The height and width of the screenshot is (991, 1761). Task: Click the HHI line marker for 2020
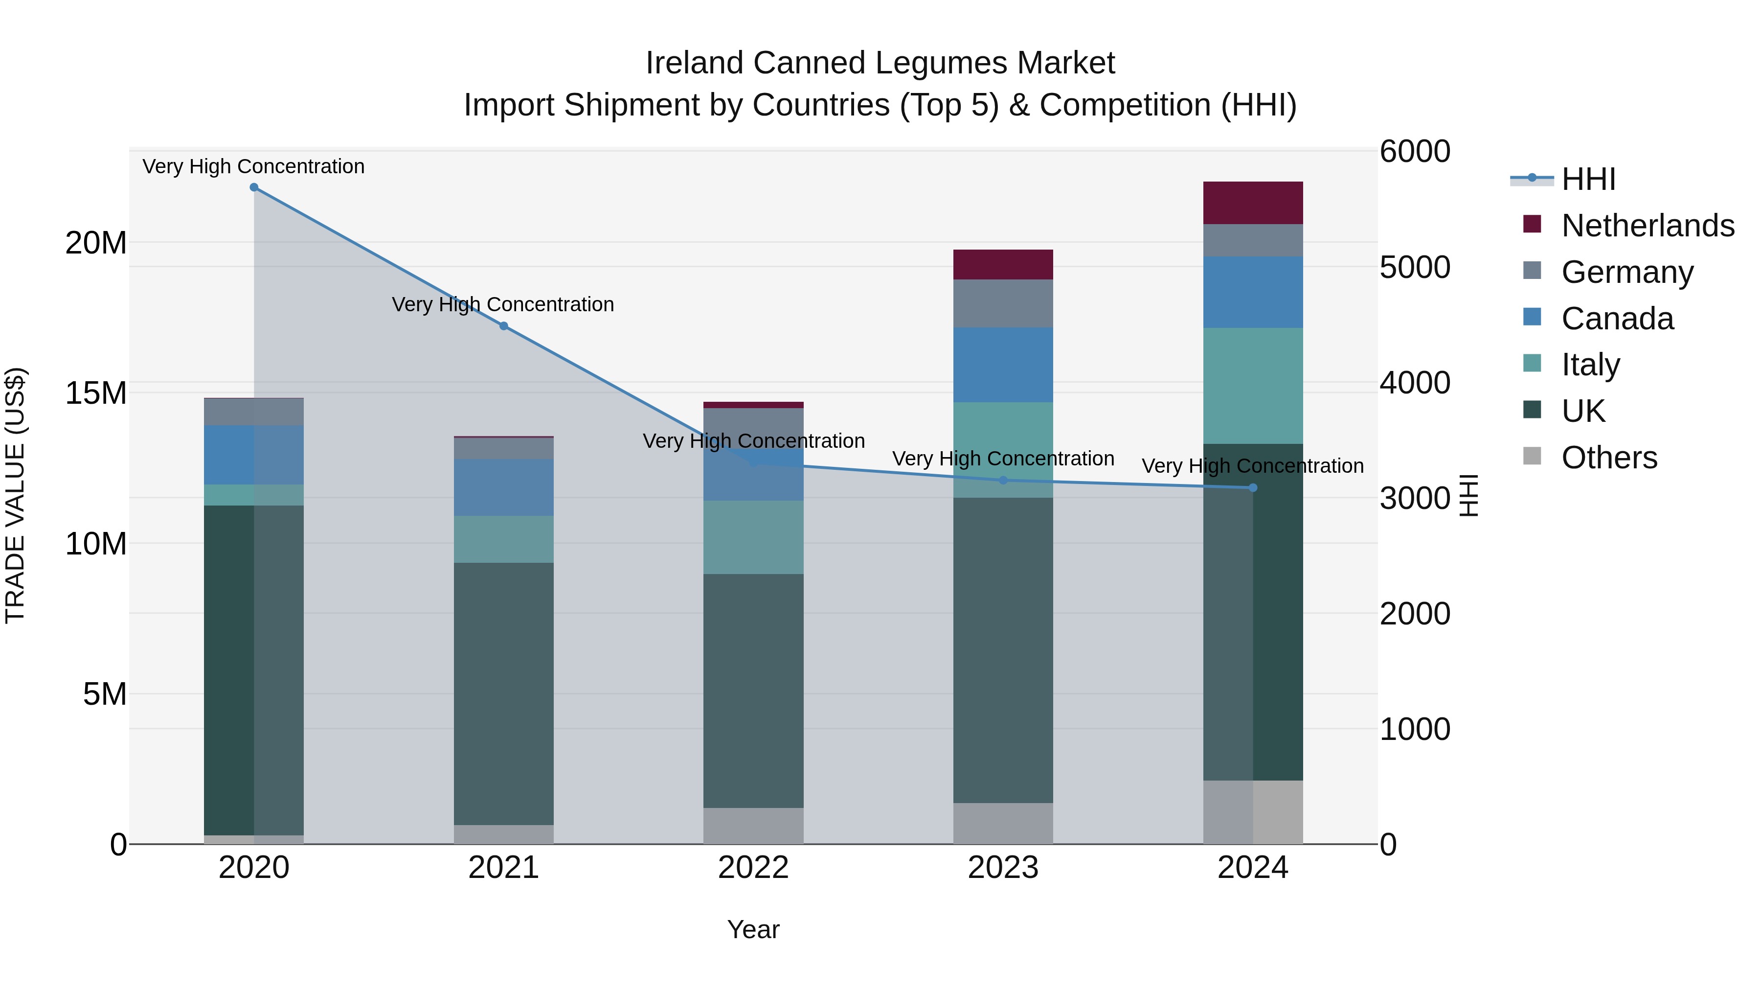tap(253, 187)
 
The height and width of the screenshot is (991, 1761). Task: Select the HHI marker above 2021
tap(504, 326)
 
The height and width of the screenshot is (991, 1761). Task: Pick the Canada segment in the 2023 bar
tap(1003, 365)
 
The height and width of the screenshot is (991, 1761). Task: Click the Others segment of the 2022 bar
tap(753, 826)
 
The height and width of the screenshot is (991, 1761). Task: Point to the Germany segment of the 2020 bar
tap(253, 412)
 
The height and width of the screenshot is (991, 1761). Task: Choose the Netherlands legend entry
tap(1648, 226)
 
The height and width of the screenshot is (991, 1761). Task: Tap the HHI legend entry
tap(1588, 179)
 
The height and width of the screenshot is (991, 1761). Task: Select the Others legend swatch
tap(1532, 456)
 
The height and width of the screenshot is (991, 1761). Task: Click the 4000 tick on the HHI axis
tap(1414, 383)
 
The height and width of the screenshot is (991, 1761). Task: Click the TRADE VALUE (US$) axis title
tap(15, 495)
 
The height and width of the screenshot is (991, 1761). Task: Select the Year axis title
tap(753, 929)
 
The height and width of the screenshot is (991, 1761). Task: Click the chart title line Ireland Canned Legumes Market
tap(880, 63)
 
